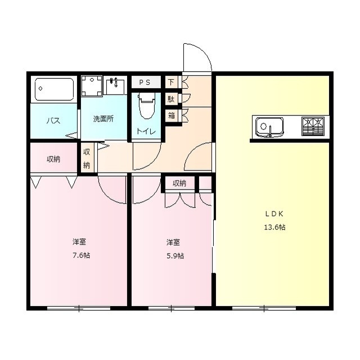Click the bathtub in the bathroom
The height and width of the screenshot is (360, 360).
click(55, 89)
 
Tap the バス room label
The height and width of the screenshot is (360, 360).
click(53, 121)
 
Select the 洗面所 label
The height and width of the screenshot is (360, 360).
click(103, 119)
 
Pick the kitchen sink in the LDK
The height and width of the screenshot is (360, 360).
click(270, 127)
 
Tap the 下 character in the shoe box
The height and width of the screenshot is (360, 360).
click(171, 82)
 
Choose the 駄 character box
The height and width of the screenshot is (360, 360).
click(171, 99)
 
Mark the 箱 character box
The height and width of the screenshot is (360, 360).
click(171, 115)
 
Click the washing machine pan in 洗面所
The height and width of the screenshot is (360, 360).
click(91, 86)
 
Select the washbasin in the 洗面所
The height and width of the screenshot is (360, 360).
click(118, 85)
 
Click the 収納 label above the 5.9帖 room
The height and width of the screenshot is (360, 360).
click(179, 183)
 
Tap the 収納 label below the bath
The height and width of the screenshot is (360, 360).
click(53, 159)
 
